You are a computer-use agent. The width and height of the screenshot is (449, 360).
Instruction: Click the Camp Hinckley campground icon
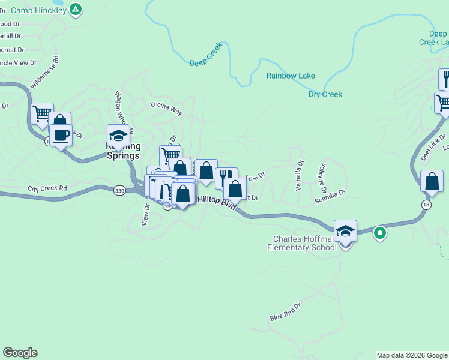coord(75,9)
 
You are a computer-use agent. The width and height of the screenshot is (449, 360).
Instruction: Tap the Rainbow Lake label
coord(291,76)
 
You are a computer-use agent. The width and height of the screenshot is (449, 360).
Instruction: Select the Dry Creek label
coord(325,94)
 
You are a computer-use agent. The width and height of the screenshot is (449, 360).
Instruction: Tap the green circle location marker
coord(379,233)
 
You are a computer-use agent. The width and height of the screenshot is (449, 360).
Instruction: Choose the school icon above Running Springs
coord(118,136)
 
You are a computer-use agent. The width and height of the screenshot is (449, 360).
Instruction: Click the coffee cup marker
coord(61,134)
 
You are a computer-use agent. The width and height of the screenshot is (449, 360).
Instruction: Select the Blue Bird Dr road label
coord(285,313)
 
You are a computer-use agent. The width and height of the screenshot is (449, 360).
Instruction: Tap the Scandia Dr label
coord(330,196)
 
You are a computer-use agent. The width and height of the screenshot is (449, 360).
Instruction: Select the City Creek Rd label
coord(47,188)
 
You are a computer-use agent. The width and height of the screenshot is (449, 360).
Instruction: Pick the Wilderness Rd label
coord(44,73)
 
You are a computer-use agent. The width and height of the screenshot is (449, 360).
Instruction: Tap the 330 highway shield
coord(119,190)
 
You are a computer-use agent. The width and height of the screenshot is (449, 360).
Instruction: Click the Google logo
coord(20,353)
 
